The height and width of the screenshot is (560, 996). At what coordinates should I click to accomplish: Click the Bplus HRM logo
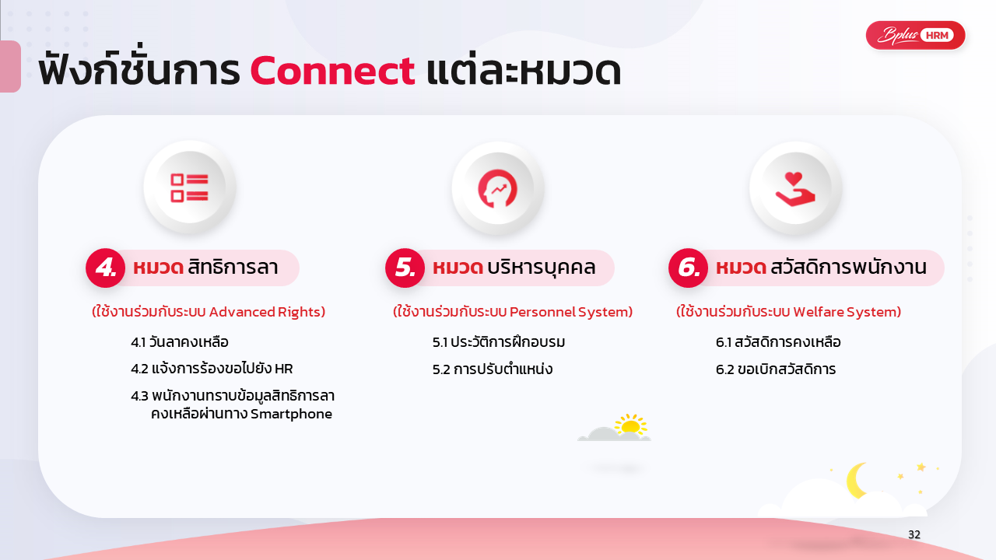pyautogui.click(x=916, y=35)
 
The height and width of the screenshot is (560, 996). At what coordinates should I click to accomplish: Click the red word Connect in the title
pyautogui.click(x=332, y=71)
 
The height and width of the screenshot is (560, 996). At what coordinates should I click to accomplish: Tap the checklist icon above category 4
pyautogui.click(x=189, y=187)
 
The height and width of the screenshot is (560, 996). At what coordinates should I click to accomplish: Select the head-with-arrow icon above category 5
pyautogui.click(x=497, y=188)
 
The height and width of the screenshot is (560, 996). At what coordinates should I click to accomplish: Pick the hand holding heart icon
pyautogui.click(x=795, y=189)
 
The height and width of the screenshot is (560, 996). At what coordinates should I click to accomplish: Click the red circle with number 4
pyautogui.click(x=105, y=268)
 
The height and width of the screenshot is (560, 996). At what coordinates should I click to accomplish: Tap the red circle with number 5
pyautogui.click(x=405, y=268)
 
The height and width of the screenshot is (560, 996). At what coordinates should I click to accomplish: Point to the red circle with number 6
pyautogui.click(x=689, y=268)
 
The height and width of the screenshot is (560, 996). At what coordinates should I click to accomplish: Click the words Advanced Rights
pyautogui.click(x=267, y=312)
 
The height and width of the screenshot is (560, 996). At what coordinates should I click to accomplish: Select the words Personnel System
pyautogui.click(x=571, y=312)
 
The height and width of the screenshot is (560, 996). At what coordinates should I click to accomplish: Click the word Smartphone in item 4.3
pyautogui.click(x=291, y=415)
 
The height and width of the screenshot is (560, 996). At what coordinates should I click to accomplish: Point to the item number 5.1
pyautogui.click(x=440, y=342)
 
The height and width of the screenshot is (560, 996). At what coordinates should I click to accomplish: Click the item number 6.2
pyautogui.click(x=724, y=369)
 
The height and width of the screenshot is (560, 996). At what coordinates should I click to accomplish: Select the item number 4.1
pyautogui.click(x=138, y=342)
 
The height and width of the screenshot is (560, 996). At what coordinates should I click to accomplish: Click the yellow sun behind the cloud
pyautogui.click(x=630, y=424)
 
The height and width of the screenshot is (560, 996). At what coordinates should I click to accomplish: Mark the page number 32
pyautogui.click(x=914, y=534)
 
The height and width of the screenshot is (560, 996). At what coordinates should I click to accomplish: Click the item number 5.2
pyautogui.click(x=441, y=369)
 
